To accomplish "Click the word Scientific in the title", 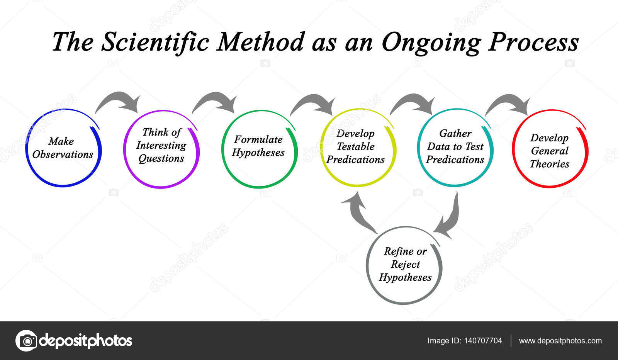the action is tap(155, 42).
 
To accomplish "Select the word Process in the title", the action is tap(533, 42).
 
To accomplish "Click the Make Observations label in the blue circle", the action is tap(63, 148).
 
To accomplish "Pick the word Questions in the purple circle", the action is tap(161, 159).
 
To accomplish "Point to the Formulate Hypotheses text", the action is tap(258, 146).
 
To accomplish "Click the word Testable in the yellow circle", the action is tap(356, 146).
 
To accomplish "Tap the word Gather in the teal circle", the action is tap(455, 134).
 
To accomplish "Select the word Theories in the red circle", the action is tap(549, 164).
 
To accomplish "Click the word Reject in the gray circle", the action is tap(406, 265).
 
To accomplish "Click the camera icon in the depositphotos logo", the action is tap(27, 341).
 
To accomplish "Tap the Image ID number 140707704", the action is tap(483, 341).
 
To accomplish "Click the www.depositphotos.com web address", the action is tap(560, 341).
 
